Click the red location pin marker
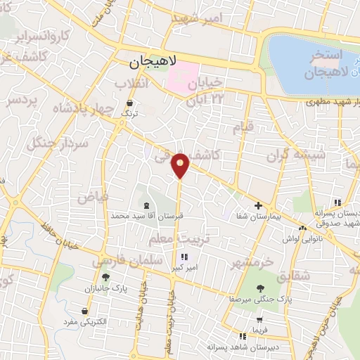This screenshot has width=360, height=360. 181,165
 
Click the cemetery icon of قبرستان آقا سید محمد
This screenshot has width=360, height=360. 146,205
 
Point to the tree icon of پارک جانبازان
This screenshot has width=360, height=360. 106,277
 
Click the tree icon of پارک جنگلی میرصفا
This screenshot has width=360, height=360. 262,288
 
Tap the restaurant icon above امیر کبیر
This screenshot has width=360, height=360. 185,257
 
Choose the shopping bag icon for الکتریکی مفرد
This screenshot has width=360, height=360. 85,311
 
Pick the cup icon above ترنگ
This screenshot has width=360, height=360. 127,103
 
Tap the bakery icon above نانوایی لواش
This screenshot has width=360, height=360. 302,229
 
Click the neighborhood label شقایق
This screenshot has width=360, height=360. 293,276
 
